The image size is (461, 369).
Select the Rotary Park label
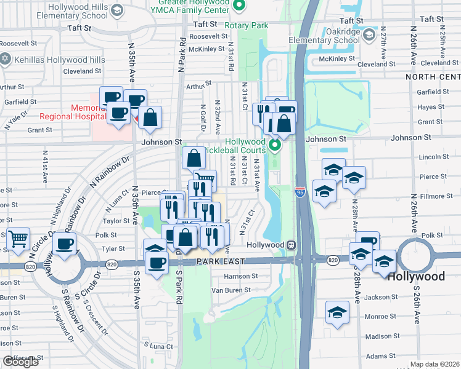(247, 25)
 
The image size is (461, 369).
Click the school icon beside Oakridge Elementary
(369, 34)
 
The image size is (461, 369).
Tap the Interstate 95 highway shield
(300, 192)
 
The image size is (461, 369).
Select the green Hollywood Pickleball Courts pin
(275, 146)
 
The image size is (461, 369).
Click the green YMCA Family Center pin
(242, 7)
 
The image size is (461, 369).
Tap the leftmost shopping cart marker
(18, 238)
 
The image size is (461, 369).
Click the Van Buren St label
(229, 290)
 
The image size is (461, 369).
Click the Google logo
(20, 362)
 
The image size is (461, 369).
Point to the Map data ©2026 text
(435, 364)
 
